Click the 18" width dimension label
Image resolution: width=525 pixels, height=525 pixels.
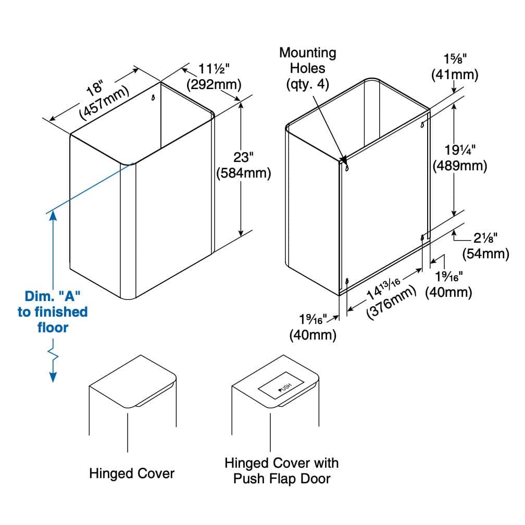pos(95,87)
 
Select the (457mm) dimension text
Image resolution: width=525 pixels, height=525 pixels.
pos(104,103)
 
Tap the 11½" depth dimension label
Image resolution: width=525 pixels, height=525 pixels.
pos(214,69)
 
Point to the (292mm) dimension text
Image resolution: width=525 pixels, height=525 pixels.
pos(214,84)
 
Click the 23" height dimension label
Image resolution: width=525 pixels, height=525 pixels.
pos(243,157)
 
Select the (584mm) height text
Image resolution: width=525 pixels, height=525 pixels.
pos(243,173)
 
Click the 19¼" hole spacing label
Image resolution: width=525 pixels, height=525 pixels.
pos(460,150)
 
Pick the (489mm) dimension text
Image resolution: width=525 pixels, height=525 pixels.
pos(460,166)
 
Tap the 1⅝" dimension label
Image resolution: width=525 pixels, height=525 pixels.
pos(455,59)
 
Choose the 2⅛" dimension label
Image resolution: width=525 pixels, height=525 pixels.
pos(485,238)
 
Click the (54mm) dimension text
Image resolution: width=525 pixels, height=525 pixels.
pos(485,254)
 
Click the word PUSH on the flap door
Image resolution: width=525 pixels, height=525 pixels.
pos(285,387)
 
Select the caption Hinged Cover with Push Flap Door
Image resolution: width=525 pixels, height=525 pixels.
pos(282,471)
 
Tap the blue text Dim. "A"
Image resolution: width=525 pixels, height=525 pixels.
pos(53,296)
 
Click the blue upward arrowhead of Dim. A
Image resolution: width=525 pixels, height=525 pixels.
pos(53,216)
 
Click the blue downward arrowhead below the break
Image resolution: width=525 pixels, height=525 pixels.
pos(53,377)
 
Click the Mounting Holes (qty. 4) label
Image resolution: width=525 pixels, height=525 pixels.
pos(308,68)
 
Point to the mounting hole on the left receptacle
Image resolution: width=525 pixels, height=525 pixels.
pos(153,98)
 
